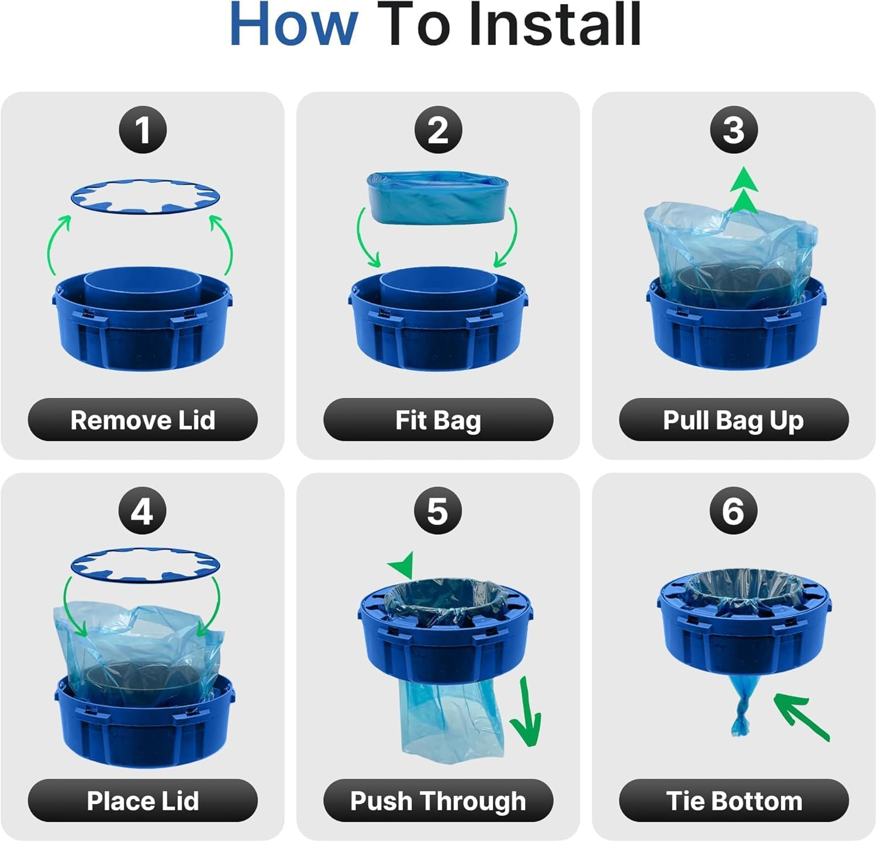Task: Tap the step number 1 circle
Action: (143, 130)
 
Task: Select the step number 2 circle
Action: (438, 130)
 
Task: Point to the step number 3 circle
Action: (734, 130)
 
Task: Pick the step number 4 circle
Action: (143, 511)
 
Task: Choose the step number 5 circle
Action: (438, 511)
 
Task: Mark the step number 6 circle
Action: (734, 511)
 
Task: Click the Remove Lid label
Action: (143, 420)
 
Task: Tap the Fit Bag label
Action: (438, 420)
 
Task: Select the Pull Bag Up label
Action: (734, 420)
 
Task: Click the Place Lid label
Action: (143, 801)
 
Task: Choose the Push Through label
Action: (438, 801)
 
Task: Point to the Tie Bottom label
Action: (734, 801)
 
